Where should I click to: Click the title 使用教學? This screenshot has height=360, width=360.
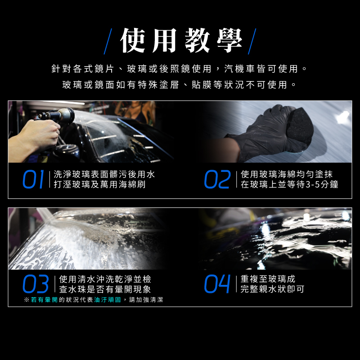pyautogui.click(x=181, y=41)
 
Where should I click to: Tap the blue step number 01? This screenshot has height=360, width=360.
pyautogui.click(x=33, y=179)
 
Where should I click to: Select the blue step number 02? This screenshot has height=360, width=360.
pyautogui.click(x=217, y=179)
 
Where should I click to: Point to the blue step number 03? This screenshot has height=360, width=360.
pyautogui.click(x=36, y=284)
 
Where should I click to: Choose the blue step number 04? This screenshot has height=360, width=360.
pyautogui.click(x=217, y=284)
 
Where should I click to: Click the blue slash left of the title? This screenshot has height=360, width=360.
pyautogui.click(x=108, y=41)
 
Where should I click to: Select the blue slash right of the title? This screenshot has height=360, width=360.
pyautogui.click(x=252, y=41)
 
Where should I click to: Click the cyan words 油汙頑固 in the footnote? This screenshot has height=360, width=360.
pyautogui.click(x=108, y=300)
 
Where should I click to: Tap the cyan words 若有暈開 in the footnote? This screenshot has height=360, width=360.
pyautogui.click(x=44, y=300)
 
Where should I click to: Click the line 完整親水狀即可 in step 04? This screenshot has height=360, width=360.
pyautogui.click(x=272, y=289)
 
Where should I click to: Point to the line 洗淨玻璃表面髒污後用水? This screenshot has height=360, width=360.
pyautogui.click(x=104, y=174)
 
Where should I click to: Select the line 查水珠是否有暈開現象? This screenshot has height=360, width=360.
pyautogui.click(x=105, y=289)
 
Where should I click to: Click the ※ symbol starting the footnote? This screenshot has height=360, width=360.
pyautogui.click(x=27, y=300)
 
